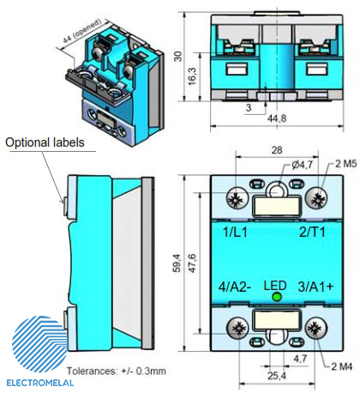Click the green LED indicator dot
click(x=277, y=297)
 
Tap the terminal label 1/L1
click(x=235, y=232)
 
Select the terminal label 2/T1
click(x=312, y=232)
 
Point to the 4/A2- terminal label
click(x=235, y=287)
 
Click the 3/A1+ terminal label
click(x=315, y=287)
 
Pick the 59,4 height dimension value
click(x=177, y=263)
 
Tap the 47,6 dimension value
click(x=192, y=263)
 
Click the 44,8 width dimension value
click(x=277, y=118)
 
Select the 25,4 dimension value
click(x=277, y=376)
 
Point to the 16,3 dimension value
click(x=192, y=76)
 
